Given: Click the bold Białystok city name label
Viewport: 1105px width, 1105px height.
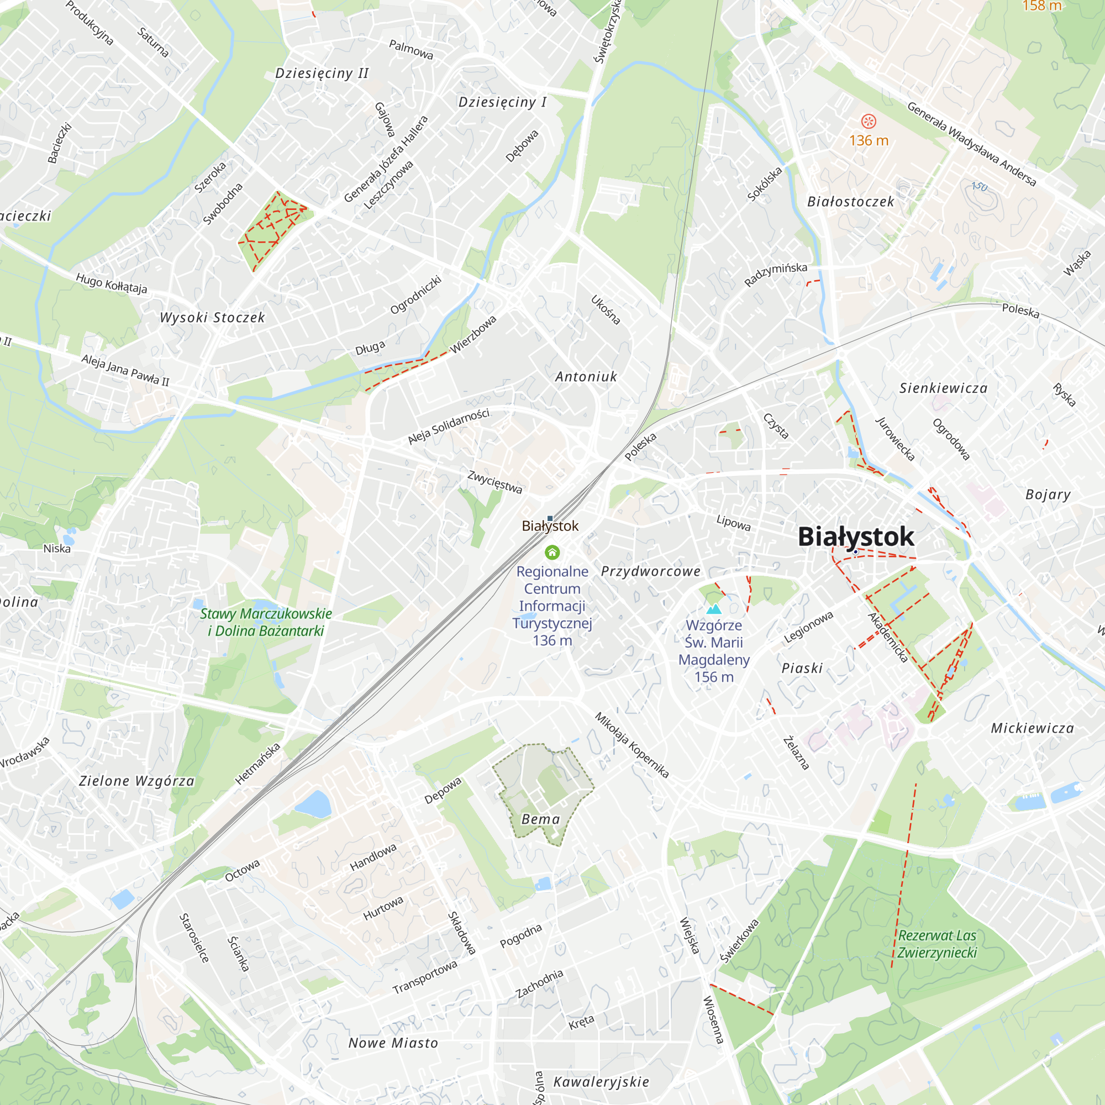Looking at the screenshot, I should click(x=856, y=536).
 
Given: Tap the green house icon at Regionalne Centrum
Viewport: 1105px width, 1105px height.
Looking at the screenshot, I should click(x=552, y=552).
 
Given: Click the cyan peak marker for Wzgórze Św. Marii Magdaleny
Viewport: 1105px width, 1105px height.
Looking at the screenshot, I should click(x=714, y=609).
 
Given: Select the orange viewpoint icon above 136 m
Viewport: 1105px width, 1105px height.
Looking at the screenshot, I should click(x=868, y=121).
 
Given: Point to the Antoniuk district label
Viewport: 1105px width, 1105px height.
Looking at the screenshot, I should click(x=586, y=376).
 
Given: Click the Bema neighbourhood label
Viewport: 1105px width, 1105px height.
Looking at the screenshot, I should click(x=540, y=819).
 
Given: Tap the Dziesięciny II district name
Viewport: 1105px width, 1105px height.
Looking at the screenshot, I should click(x=322, y=73).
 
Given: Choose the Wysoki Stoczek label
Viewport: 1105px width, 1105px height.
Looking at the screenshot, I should click(x=212, y=318).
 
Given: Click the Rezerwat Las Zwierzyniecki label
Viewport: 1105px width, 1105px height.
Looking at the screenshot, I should click(x=937, y=944).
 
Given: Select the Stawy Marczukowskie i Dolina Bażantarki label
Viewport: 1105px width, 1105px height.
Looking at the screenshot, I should click(x=266, y=622).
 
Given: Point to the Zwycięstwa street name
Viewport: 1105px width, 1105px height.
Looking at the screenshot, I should click(x=494, y=482).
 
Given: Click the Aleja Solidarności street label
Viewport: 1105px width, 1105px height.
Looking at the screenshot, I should click(x=449, y=426).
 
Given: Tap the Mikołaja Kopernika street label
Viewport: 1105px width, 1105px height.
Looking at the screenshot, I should click(x=632, y=745).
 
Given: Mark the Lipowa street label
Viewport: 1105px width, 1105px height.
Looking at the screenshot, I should click(x=733, y=522).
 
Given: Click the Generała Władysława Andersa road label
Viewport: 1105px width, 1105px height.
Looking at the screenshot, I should click(x=971, y=144).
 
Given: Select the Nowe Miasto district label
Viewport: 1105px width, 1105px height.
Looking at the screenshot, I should click(x=393, y=1043).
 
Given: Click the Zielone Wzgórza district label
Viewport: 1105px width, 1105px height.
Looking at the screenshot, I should click(x=136, y=781).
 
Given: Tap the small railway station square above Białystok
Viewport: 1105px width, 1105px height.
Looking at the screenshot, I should click(x=550, y=518).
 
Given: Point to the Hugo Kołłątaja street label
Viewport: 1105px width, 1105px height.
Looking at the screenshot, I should click(x=112, y=283).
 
